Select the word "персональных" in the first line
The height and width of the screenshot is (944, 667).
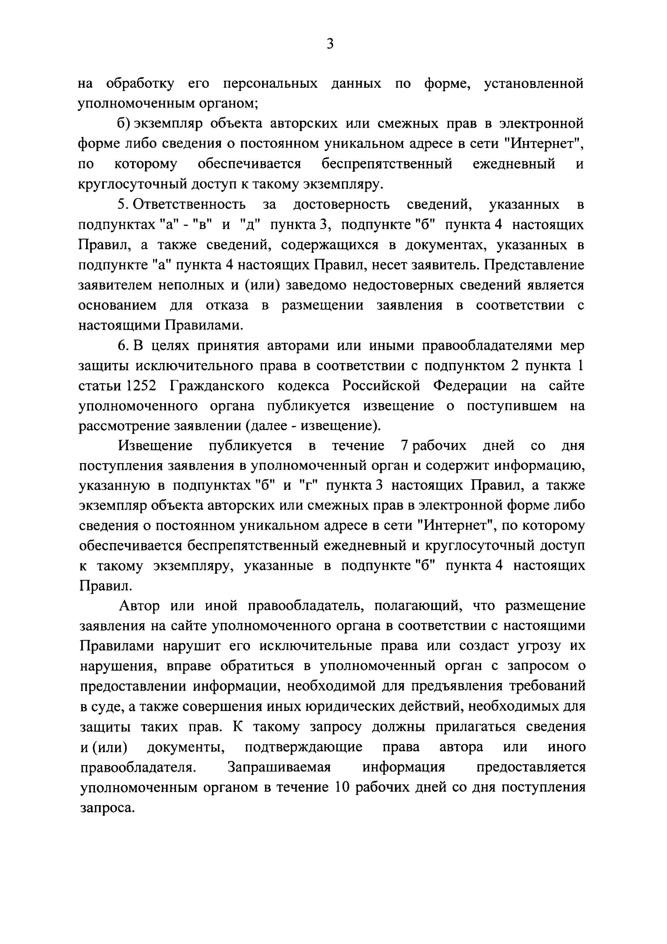pyautogui.click(x=270, y=83)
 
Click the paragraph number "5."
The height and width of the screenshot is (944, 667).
pyautogui.click(x=124, y=204)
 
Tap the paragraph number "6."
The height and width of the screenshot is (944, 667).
pyautogui.click(x=124, y=346)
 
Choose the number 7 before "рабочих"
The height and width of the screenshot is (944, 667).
pyautogui.click(x=403, y=446)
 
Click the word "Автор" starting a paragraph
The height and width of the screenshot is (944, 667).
pyautogui.click(x=139, y=606)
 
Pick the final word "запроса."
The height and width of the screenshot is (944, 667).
pyautogui.click(x=107, y=808)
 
